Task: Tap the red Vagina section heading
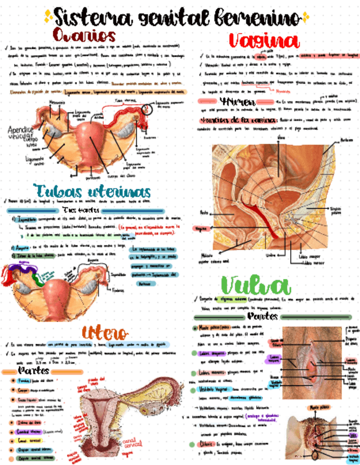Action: pos(264,41)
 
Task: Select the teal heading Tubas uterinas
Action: pos(92,191)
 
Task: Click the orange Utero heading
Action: pos(105,332)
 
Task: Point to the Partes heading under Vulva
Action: pos(262,316)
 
